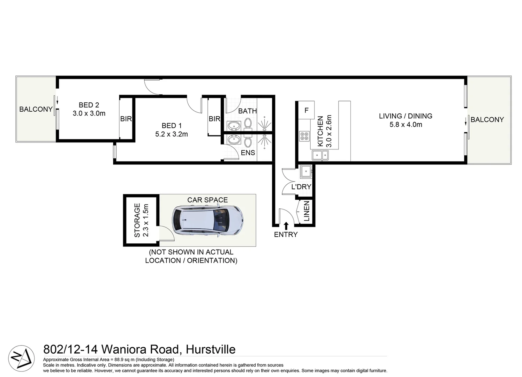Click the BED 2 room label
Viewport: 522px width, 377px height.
89,105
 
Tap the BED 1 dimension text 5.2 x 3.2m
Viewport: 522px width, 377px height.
172,134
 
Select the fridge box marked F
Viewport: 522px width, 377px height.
307,110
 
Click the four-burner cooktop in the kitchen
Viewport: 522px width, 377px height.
304,136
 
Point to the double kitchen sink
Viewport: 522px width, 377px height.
320,155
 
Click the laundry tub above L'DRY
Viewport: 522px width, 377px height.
306,171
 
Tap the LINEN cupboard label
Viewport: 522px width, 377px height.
307,211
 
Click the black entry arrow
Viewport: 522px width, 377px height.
286,226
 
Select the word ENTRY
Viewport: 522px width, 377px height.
286,235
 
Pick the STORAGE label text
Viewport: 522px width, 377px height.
137,220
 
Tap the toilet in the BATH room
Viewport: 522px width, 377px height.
248,123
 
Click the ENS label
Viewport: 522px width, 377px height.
248,153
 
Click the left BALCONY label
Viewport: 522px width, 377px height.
36,109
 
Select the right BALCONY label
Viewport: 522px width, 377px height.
487,120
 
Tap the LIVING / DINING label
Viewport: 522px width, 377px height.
406,116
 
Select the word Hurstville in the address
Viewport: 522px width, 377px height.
211,349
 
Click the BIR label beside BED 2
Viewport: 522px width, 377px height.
126,119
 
